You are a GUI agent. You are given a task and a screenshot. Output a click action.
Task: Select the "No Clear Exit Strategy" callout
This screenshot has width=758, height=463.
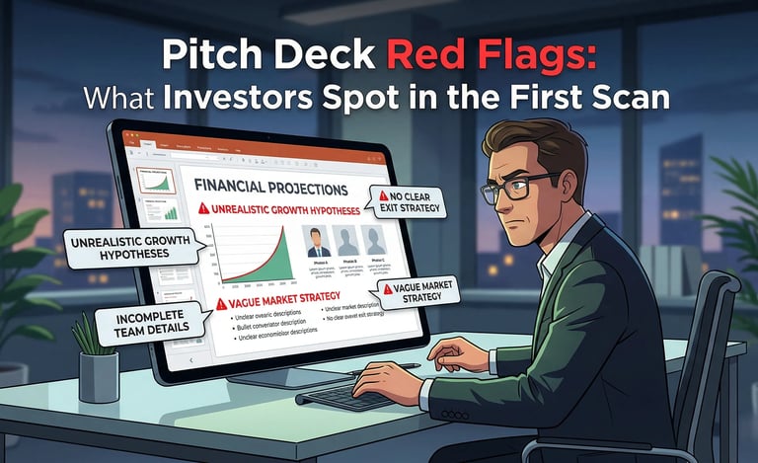[407, 200]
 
